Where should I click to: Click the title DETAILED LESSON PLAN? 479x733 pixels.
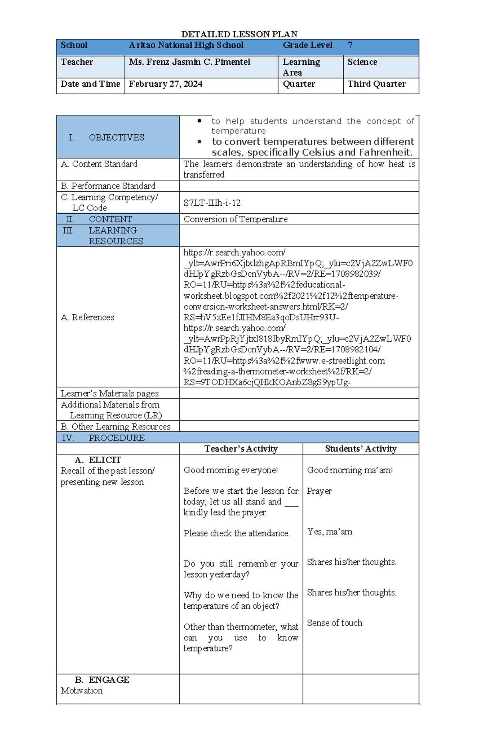(x=239, y=34)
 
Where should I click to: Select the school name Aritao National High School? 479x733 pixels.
(x=186, y=45)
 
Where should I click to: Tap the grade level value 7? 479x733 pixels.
(x=350, y=45)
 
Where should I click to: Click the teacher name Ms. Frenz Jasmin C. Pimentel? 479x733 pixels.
(x=190, y=62)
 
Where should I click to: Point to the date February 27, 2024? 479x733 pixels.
(x=166, y=84)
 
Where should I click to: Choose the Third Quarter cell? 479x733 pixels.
(x=376, y=84)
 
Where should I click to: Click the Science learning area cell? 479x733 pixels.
(x=362, y=62)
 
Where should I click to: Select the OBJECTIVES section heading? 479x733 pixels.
(x=116, y=137)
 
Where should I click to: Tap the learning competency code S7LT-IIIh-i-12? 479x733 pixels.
(x=212, y=203)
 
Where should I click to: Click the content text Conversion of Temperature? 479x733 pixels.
(x=236, y=219)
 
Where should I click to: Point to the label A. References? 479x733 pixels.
(x=87, y=317)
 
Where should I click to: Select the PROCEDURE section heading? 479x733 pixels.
(x=116, y=438)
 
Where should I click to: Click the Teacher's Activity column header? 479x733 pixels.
(x=241, y=449)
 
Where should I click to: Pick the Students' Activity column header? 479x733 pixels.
(x=360, y=449)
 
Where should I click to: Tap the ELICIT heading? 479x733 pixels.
(x=105, y=460)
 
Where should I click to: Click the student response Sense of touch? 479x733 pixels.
(x=335, y=623)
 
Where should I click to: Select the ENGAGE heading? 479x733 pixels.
(x=109, y=679)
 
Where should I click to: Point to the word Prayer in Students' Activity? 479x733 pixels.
(x=319, y=491)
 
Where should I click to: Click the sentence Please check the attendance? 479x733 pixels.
(x=237, y=533)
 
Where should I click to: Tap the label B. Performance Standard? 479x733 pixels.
(x=108, y=186)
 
